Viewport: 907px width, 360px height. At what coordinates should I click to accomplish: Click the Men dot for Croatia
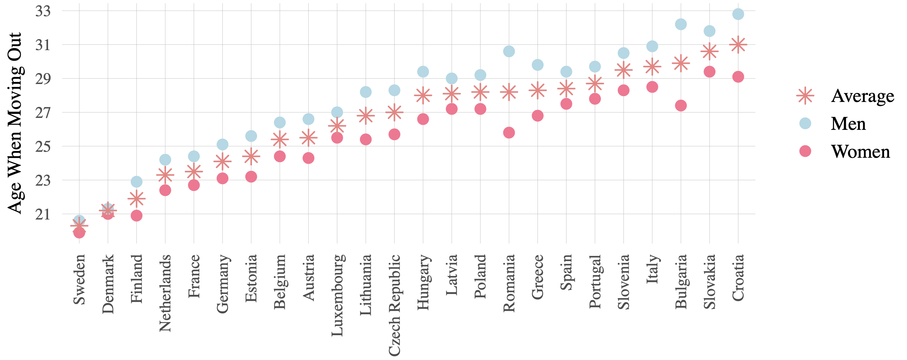[738, 14]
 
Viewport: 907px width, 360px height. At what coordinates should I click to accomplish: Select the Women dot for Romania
[509, 133]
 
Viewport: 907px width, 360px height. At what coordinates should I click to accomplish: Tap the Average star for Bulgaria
[681, 63]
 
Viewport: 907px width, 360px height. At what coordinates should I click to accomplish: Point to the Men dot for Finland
[136, 182]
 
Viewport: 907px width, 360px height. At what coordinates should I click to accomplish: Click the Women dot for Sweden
[79, 232]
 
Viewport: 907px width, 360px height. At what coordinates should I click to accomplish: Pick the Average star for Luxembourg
[337, 126]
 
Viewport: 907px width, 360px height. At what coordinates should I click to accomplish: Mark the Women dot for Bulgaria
[681, 105]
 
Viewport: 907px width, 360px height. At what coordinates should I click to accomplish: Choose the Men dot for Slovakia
[709, 31]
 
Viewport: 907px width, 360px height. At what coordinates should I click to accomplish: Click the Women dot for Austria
[308, 158]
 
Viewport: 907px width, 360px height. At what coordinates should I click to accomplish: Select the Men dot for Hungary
[423, 72]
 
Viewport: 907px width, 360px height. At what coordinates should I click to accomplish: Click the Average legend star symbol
[805, 96]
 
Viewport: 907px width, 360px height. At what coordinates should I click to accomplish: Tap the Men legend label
[848, 124]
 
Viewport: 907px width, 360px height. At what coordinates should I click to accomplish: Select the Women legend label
[860, 151]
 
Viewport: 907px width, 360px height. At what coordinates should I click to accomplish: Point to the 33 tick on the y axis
[43, 11]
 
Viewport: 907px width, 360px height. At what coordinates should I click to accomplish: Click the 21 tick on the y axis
[43, 214]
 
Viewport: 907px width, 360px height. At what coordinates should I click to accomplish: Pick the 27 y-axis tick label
[43, 113]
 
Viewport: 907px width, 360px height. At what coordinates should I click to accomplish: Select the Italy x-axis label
[652, 269]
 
